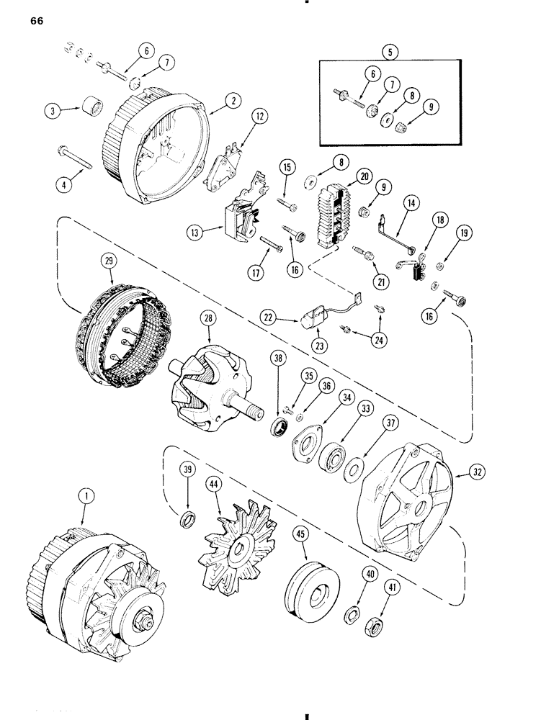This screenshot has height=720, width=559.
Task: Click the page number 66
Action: click(x=37, y=21)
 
